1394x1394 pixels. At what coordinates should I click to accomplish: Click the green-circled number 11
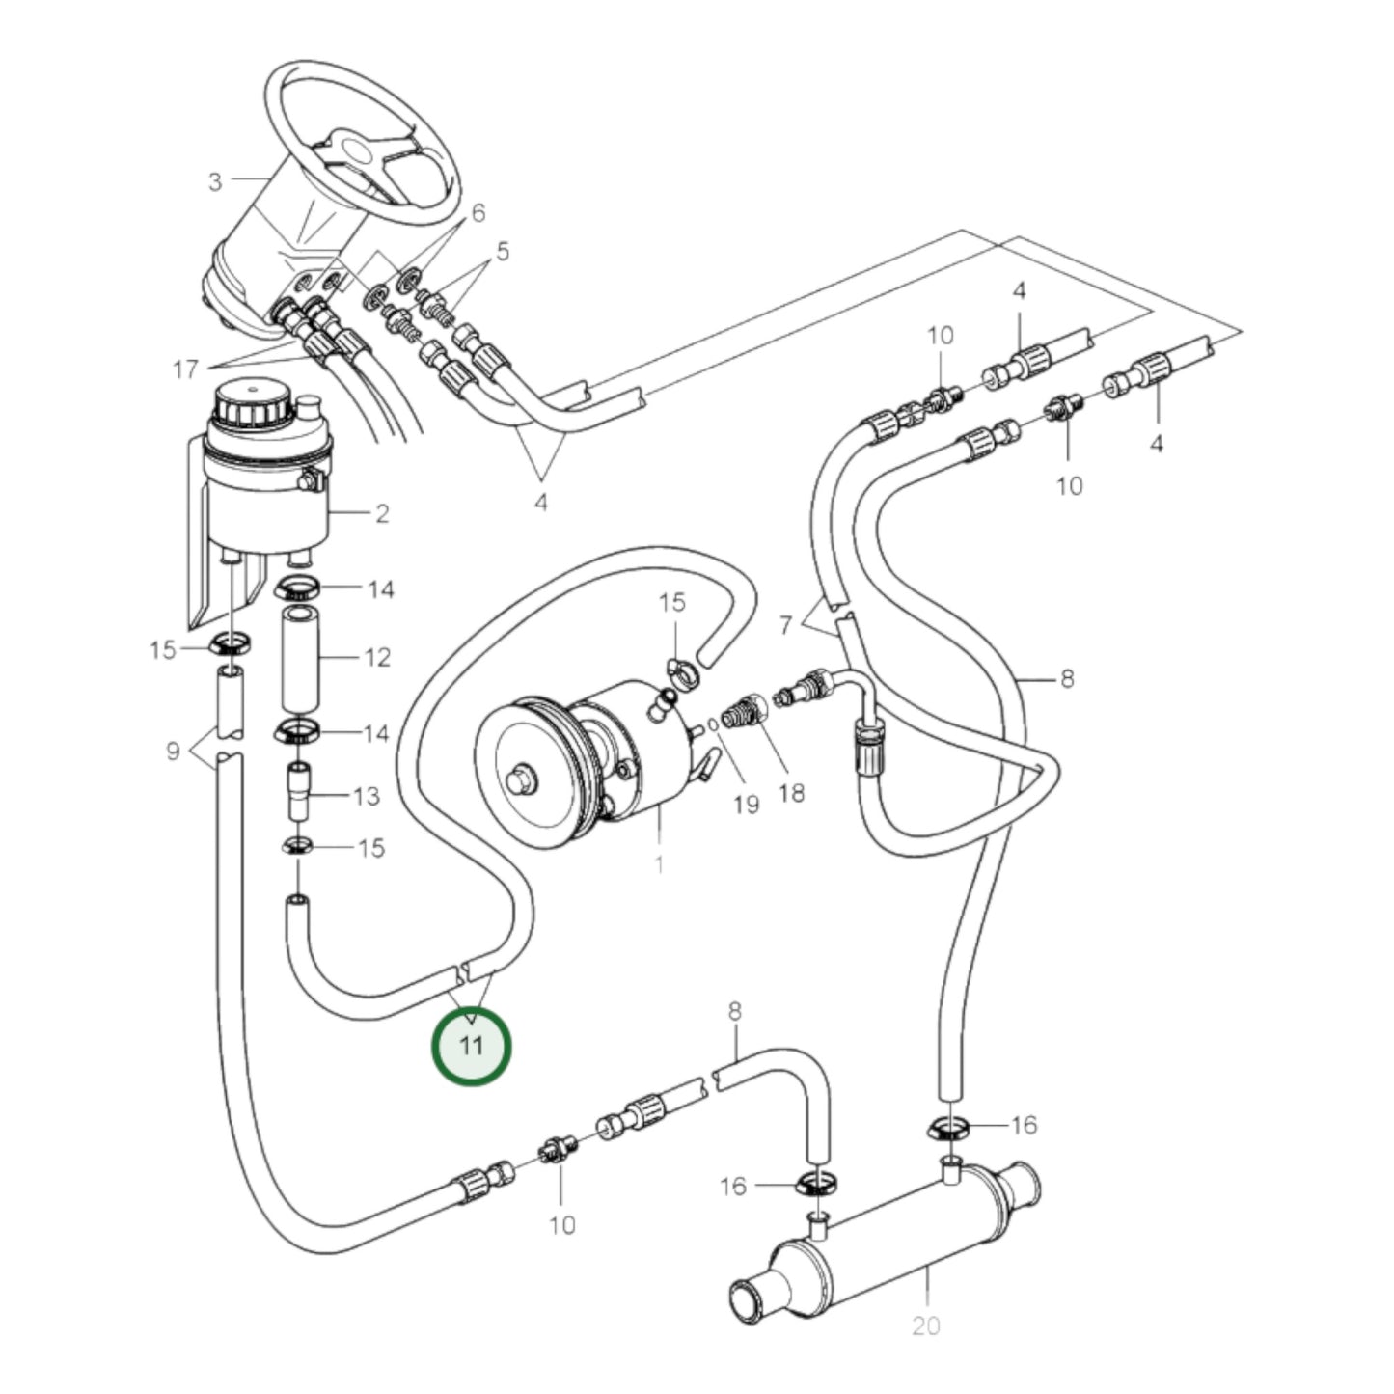(471, 1046)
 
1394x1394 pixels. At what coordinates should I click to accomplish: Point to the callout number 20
(925, 1326)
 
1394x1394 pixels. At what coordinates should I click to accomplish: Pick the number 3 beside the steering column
(215, 181)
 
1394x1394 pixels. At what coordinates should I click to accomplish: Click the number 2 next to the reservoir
(382, 513)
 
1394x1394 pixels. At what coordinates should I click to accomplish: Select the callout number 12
(377, 657)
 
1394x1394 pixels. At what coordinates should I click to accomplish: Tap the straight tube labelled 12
(299, 658)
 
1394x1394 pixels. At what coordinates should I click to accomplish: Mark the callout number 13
(367, 797)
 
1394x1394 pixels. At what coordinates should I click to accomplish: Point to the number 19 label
(746, 805)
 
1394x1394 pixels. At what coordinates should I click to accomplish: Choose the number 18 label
(791, 793)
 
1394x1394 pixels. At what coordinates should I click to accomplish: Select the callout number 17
(185, 369)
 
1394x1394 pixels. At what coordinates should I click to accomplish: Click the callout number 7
(785, 625)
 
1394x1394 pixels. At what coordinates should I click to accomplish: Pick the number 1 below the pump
(659, 864)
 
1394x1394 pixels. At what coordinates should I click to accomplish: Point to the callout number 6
(478, 213)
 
